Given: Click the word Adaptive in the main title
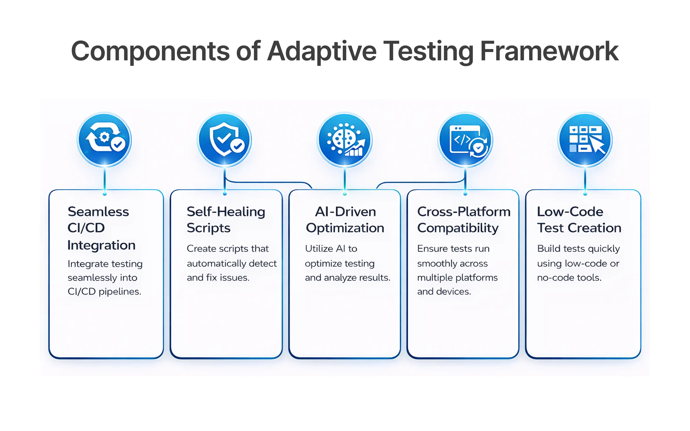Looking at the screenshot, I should pos(322,51).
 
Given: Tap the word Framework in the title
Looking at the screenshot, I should pos(549,51).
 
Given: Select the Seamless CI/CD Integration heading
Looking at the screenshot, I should pos(101,228).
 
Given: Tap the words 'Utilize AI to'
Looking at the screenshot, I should pos(331,249).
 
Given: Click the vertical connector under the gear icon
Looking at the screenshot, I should pos(105,180).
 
